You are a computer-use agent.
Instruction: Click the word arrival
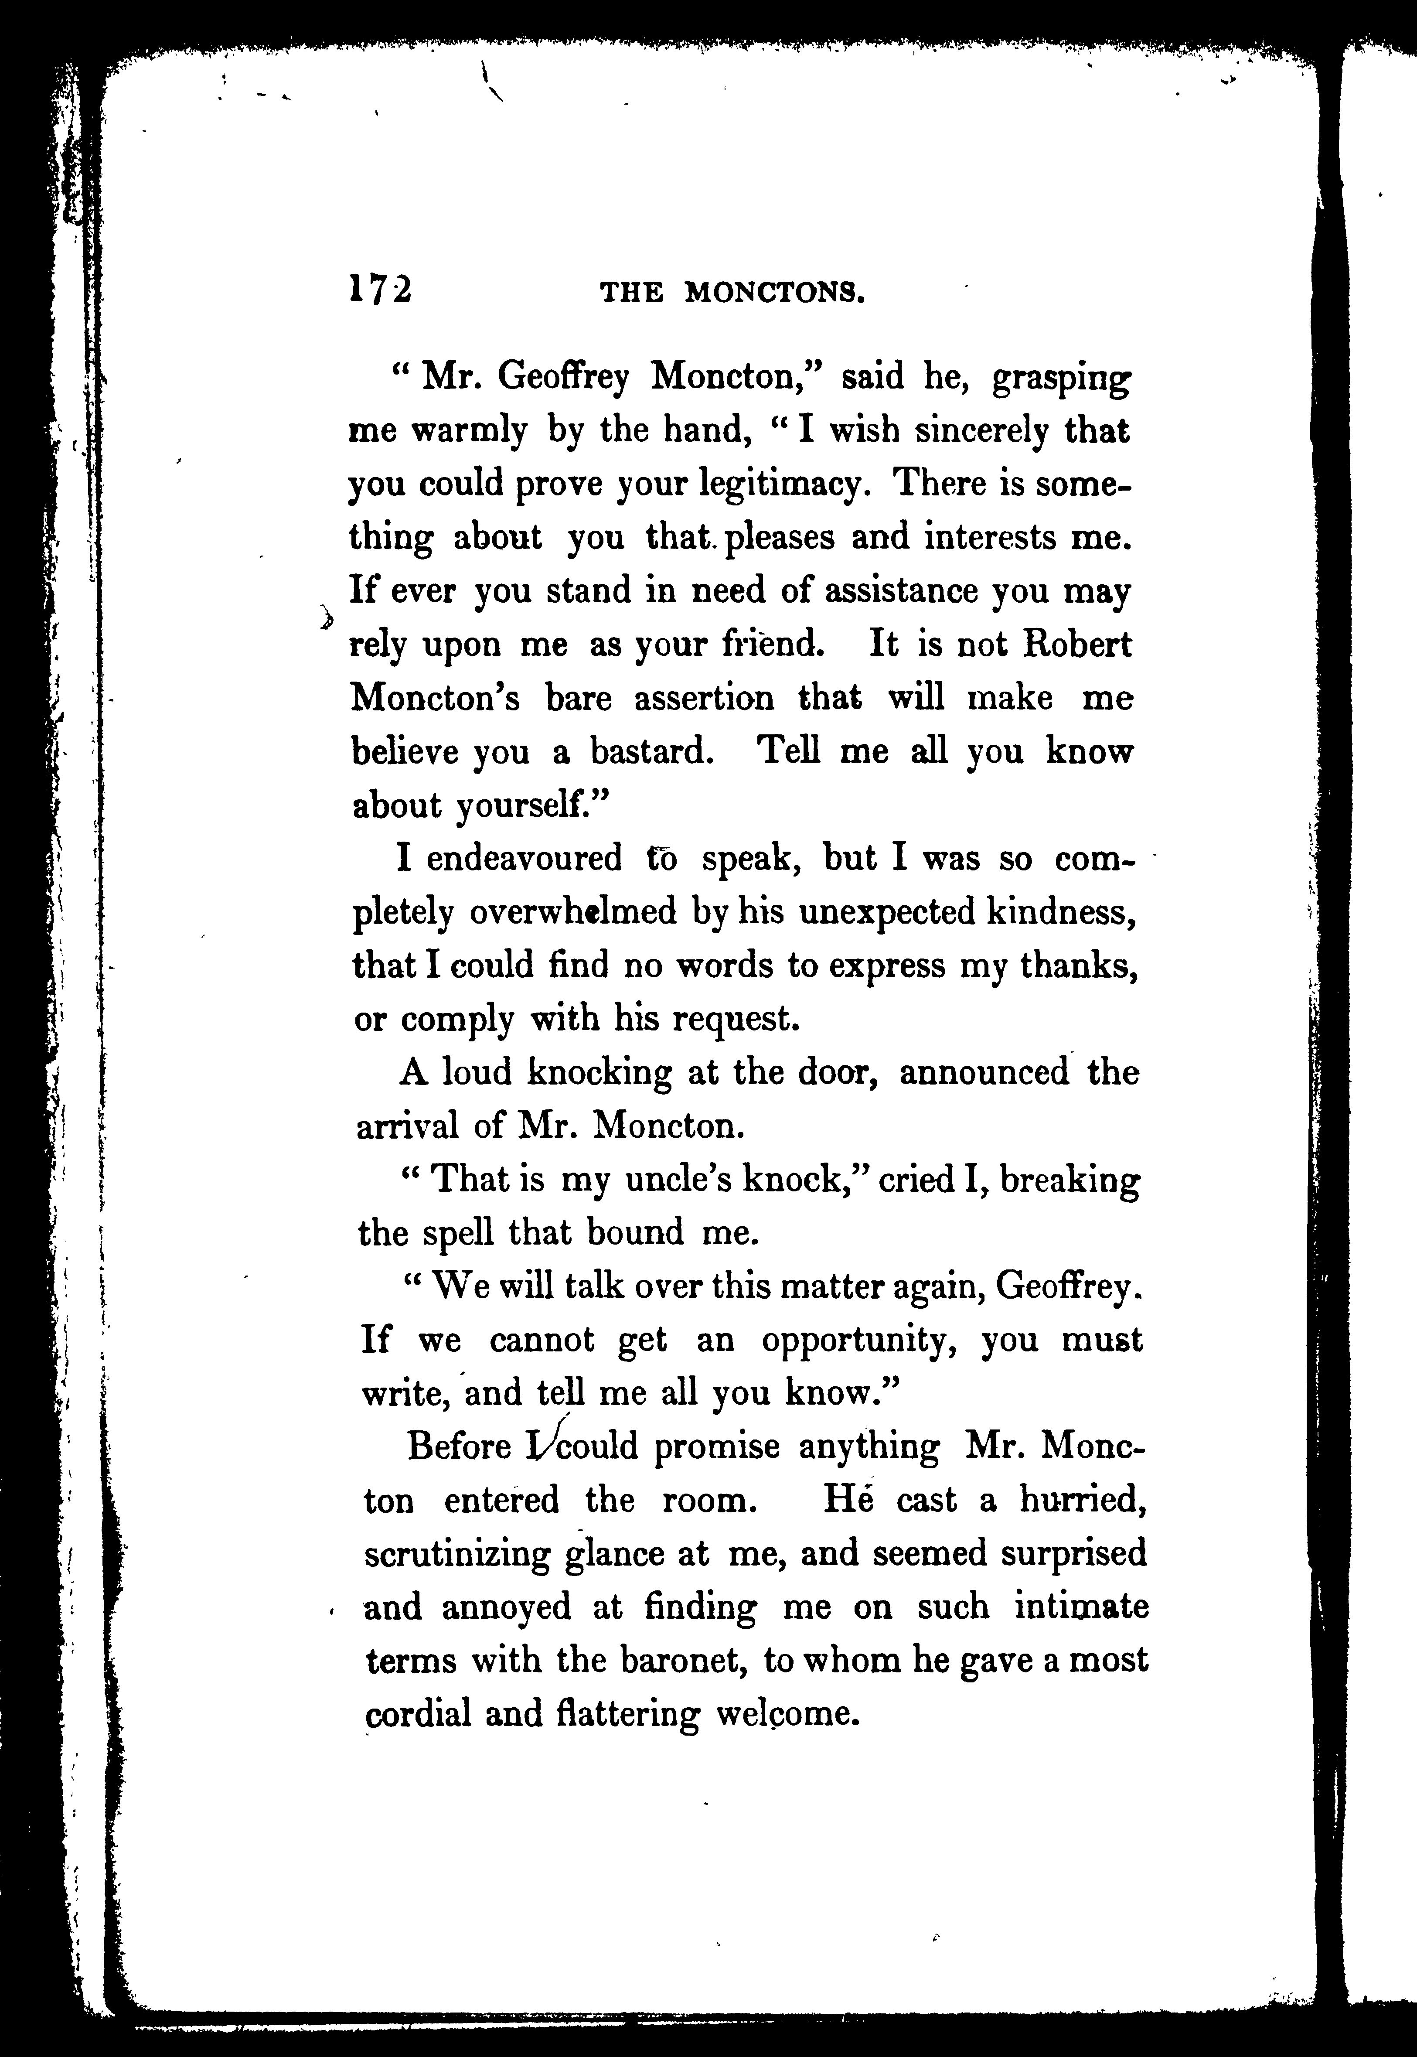pos(407,1126)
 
